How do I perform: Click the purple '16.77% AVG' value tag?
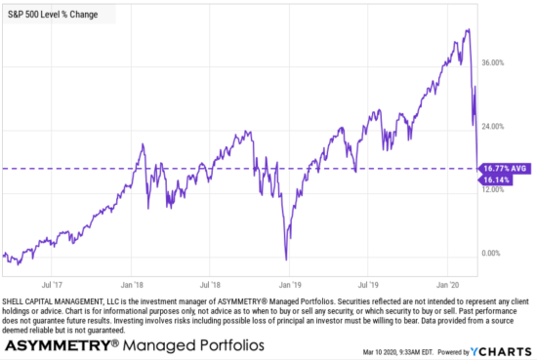(x=503, y=169)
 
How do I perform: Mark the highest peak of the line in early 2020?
(x=469, y=30)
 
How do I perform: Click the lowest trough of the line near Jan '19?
(x=286, y=260)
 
